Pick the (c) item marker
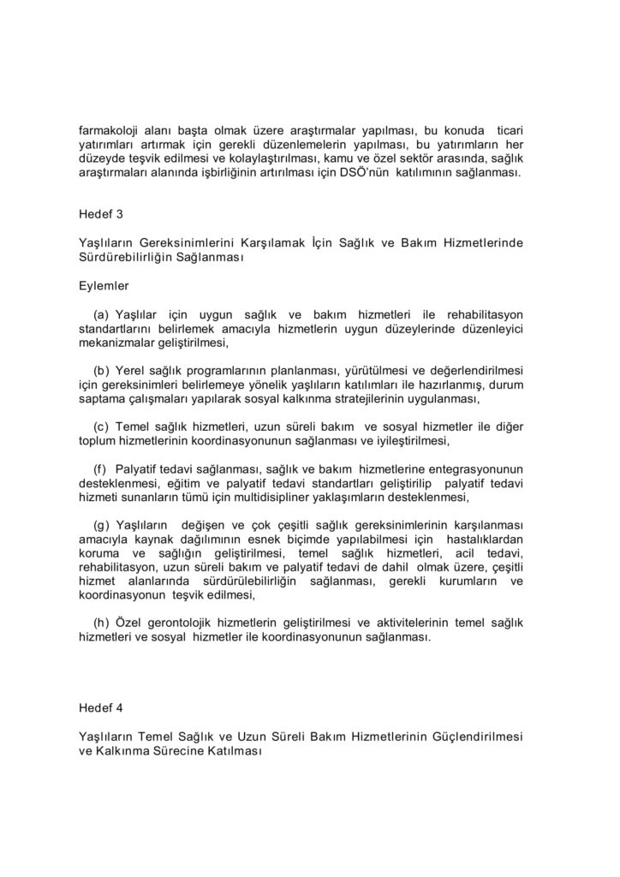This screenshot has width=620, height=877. click(x=101, y=427)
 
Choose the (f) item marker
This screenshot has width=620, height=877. click(x=100, y=469)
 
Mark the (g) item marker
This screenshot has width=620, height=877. click(x=101, y=524)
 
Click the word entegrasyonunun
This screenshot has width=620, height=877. click(x=474, y=469)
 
